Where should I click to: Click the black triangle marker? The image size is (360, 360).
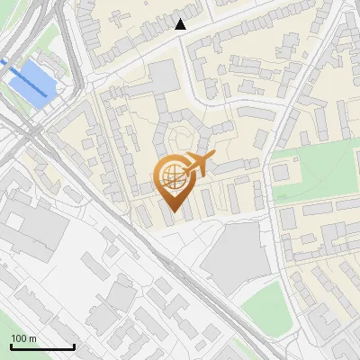pos(181,24)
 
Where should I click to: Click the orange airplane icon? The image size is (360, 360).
pos(200,165)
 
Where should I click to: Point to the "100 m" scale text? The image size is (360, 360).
pos(24,339)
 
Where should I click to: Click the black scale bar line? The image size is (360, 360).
pos(42,346)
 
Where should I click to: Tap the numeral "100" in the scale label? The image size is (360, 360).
pos(19,339)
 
